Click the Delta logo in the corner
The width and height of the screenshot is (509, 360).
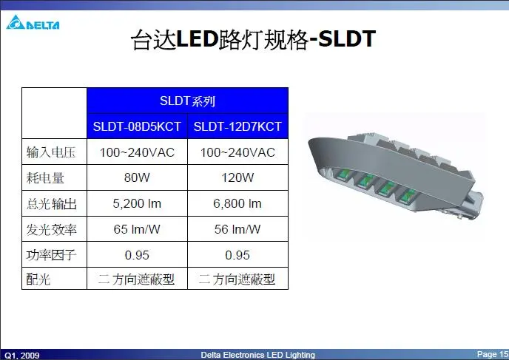point(33,22)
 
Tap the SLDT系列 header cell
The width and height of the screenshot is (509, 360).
point(187,101)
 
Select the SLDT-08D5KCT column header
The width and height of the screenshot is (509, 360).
point(137,126)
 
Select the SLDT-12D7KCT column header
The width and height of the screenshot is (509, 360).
point(237,126)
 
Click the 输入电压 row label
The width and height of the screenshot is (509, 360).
point(51,152)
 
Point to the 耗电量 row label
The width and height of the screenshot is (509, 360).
point(45,177)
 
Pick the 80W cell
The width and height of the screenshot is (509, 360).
point(137,177)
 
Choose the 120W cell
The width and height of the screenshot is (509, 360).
point(237,177)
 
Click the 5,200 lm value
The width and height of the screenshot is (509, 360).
point(137,204)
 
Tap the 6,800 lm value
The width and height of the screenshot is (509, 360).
point(237,204)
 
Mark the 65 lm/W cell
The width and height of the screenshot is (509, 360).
point(137,229)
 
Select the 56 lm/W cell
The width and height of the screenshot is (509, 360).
point(237,229)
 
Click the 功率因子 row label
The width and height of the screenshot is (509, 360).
point(51,255)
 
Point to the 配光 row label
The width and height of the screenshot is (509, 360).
point(38,279)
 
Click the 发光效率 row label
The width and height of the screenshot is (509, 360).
point(51,230)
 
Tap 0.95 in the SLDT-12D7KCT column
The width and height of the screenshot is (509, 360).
point(237,255)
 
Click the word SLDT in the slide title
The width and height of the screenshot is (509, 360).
point(347,39)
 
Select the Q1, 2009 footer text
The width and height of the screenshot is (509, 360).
point(22,356)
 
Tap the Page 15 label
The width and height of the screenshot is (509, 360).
point(493,354)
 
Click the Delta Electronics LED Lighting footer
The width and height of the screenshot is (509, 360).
point(257,355)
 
